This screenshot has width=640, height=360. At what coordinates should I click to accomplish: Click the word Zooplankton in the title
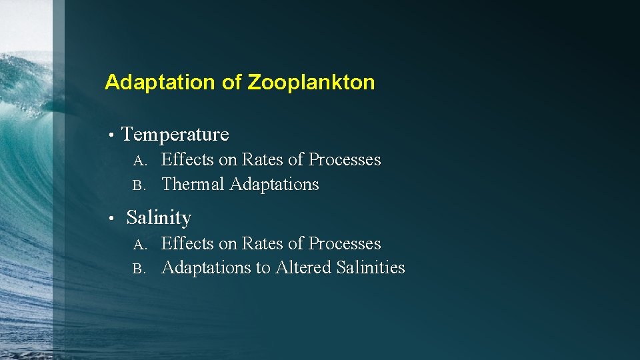311,83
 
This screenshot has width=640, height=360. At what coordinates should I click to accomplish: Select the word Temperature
175,135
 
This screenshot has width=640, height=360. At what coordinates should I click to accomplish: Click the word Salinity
159,218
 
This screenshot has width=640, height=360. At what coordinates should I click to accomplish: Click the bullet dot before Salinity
114,219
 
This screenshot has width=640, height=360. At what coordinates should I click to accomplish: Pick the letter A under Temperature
138,161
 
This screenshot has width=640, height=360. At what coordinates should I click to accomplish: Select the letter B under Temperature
138,185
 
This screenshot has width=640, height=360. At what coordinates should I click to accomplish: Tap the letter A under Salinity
138,245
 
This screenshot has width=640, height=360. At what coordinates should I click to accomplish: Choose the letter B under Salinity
138,269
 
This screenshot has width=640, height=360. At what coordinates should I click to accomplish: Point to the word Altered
304,268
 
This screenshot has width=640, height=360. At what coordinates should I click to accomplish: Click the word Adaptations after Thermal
274,185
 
